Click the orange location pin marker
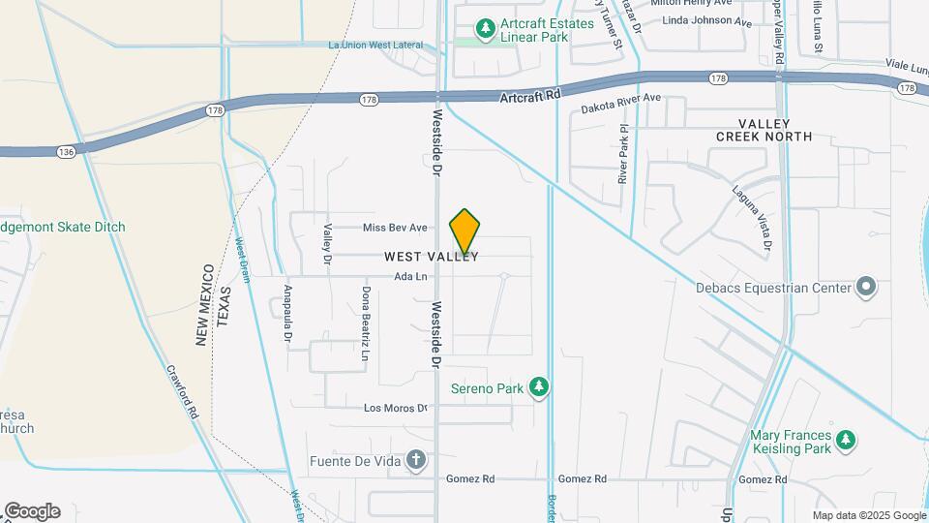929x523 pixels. (x=465, y=231)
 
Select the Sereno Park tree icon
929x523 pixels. (x=539, y=388)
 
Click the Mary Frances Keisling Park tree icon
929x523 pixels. (x=846, y=441)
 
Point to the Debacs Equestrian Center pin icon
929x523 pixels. (x=866, y=288)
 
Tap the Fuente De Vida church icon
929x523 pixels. (x=415, y=460)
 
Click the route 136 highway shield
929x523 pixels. (x=65, y=152)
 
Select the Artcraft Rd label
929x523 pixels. (x=531, y=96)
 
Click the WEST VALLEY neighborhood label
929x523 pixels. (x=432, y=258)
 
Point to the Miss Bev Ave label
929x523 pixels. (x=395, y=228)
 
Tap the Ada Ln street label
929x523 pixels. (x=410, y=277)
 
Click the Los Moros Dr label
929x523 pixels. (x=395, y=408)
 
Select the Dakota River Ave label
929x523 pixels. (x=620, y=99)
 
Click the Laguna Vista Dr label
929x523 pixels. (x=752, y=220)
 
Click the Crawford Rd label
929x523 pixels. (x=181, y=391)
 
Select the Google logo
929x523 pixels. (x=31, y=511)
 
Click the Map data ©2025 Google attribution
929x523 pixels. (x=868, y=516)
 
